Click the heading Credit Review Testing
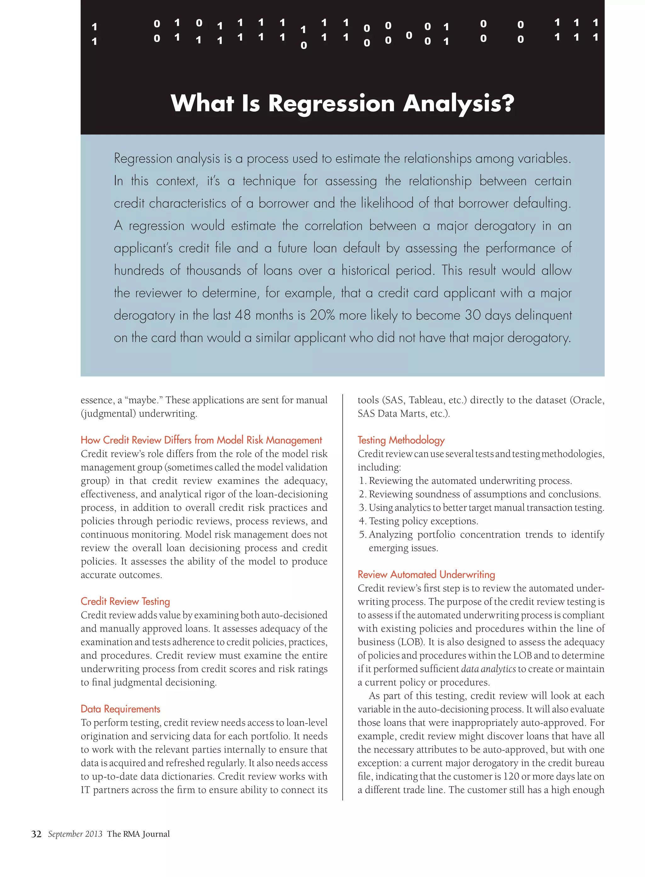125,601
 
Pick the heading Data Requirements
120,709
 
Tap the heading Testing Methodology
401,440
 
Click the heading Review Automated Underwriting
426,574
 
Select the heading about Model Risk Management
201,440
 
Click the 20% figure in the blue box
322,315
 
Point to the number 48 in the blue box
243,315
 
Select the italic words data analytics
488,669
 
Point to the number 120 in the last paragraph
511,776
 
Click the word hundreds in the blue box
139,270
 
